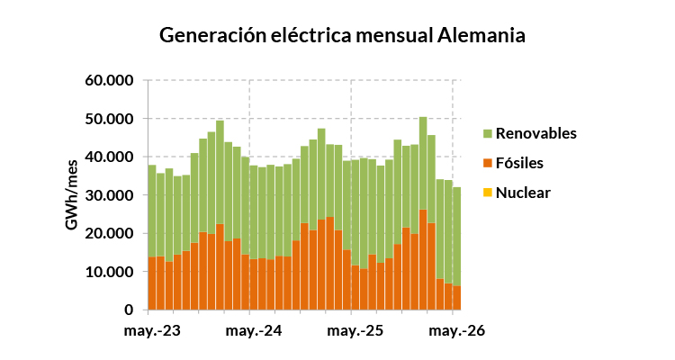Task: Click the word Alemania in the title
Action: pos(481,35)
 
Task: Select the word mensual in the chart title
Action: pos(394,35)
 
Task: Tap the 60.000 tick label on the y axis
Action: pos(109,80)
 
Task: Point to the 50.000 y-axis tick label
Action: pos(109,119)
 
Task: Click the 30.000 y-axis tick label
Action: pos(109,195)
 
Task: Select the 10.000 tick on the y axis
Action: pos(109,272)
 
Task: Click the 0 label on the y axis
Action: pos(129,310)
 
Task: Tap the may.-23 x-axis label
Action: pos(152,331)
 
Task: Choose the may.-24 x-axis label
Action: pos(254,331)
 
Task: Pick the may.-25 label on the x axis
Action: pos(355,331)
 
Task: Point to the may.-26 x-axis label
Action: pos(456,331)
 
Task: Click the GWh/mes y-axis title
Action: pos(72,195)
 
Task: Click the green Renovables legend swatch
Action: pos(488,133)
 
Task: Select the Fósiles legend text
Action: pos(519,163)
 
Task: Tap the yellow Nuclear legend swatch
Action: pos(488,193)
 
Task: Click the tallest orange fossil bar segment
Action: pos(423,260)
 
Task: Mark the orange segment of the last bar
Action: pos(456,298)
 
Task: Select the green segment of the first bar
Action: pos(152,211)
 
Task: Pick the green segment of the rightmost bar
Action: pos(456,237)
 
